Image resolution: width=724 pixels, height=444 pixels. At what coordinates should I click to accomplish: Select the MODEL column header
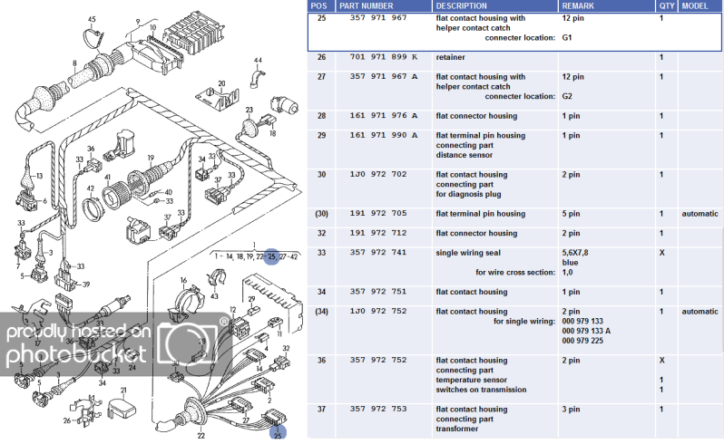(x=697, y=5)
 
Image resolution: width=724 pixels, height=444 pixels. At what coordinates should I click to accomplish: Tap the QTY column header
(x=667, y=5)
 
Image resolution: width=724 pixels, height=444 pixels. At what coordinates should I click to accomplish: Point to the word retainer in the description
(x=451, y=57)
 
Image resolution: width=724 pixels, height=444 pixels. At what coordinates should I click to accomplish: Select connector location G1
(x=567, y=38)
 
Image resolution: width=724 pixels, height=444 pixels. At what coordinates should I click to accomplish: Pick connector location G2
(x=567, y=96)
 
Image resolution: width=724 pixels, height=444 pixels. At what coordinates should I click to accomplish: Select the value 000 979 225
(x=582, y=341)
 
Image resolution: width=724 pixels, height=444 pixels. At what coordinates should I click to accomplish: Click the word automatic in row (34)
(x=700, y=312)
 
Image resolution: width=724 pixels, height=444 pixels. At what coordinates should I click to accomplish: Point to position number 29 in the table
(x=321, y=136)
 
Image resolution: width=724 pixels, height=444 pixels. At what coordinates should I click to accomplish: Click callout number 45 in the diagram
(x=92, y=19)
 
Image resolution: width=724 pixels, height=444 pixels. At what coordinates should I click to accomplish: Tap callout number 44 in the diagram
(x=258, y=61)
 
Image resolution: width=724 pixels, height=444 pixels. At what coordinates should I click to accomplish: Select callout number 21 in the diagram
(x=123, y=391)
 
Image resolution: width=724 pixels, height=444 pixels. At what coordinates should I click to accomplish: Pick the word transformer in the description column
(x=459, y=429)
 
